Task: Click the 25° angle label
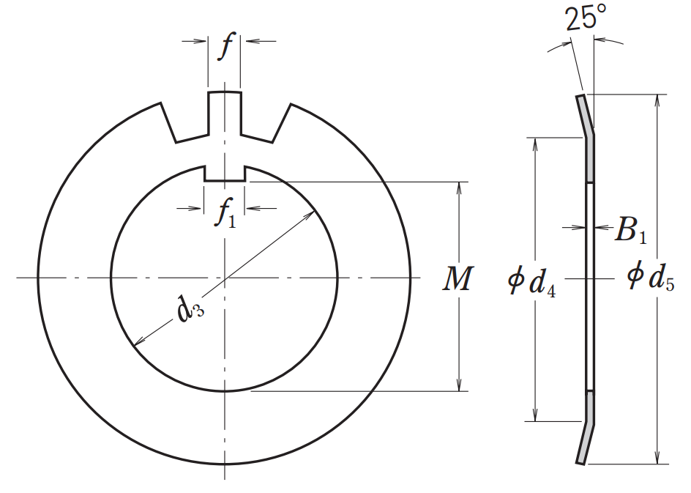click(x=585, y=18)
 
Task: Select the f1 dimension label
click(x=225, y=215)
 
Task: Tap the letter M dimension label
click(x=457, y=279)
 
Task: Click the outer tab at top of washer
click(x=224, y=110)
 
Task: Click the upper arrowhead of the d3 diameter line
click(x=315, y=213)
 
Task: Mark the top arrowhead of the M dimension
click(x=460, y=188)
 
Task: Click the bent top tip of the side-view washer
click(x=580, y=99)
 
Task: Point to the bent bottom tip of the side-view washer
click(x=581, y=459)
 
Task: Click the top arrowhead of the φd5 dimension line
click(x=658, y=100)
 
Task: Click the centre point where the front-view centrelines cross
click(x=224, y=278)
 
